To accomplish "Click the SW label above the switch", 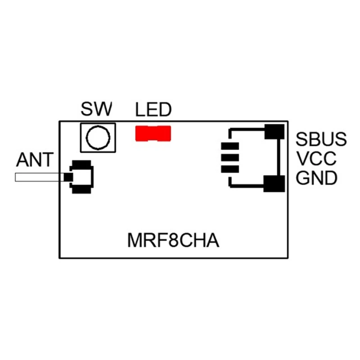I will [96, 109].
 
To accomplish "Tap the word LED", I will [153, 109].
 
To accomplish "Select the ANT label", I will [35, 160].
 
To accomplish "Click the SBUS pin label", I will [321, 139].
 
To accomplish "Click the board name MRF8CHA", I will [173, 240].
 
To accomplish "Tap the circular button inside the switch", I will [98, 138].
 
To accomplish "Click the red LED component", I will [153, 134].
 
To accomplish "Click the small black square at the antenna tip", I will [68, 177].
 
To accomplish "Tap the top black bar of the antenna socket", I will [82, 165].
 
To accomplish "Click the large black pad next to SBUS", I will [274, 131].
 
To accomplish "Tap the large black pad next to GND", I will [274, 184].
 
